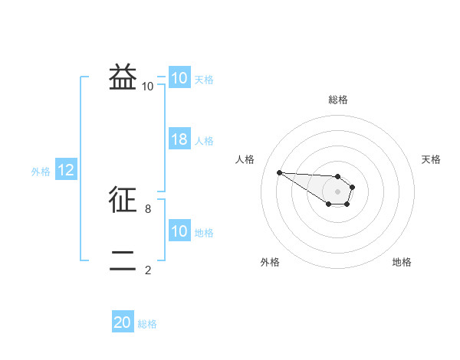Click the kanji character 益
[123, 78]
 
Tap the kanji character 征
[123, 200]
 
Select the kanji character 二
[123, 260]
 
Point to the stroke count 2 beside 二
[147, 270]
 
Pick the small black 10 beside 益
[147, 87]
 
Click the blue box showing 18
[179, 139]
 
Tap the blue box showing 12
[66, 170]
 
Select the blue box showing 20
[123, 322]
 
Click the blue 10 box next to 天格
[179, 78]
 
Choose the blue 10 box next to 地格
[179, 231]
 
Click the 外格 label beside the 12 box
[41, 172]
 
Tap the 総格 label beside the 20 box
[147, 324]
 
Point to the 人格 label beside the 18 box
[204, 141]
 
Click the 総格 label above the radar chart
[338, 100]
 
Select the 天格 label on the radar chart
[432, 159]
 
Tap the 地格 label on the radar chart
[402, 262]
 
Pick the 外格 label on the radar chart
[270, 262]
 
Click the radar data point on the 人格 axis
[279, 172]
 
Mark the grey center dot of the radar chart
[337, 191]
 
